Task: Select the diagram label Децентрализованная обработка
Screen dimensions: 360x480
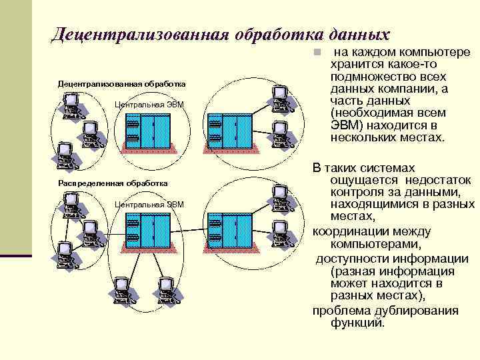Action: tap(122, 84)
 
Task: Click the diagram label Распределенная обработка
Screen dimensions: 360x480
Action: tap(113, 183)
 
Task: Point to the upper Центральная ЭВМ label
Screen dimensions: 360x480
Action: tap(149, 105)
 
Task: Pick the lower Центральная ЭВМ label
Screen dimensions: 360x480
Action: tap(149, 204)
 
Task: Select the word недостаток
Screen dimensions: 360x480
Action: tap(439, 181)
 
